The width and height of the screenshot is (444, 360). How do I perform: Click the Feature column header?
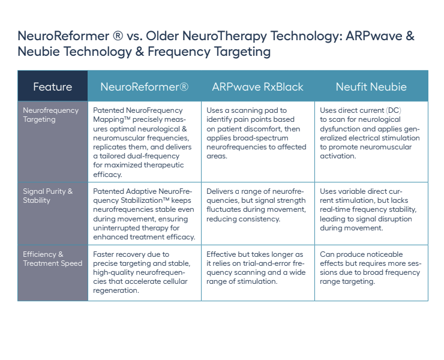(53, 86)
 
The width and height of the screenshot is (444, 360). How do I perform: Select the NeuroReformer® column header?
(145, 86)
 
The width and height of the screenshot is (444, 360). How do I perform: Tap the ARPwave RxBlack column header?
(257, 86)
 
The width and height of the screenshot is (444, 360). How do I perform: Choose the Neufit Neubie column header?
(371, 86)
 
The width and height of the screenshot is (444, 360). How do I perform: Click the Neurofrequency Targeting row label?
(50, 115)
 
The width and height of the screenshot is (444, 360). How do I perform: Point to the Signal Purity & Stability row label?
(48, 196)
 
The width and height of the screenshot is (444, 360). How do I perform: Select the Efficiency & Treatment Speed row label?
(53, 259)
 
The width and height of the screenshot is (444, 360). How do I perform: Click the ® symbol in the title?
(118, 36)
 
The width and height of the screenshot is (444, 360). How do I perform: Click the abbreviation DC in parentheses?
(394, 110)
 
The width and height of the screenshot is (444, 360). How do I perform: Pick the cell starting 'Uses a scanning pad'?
(257, 142)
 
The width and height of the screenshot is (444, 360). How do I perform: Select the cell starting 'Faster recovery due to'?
(145, 273)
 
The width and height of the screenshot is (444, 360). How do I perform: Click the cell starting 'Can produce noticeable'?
(371, 273)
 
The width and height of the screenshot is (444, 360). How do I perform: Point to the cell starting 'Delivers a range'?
(257, 214)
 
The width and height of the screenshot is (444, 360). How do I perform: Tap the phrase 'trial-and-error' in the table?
(271, 263)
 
